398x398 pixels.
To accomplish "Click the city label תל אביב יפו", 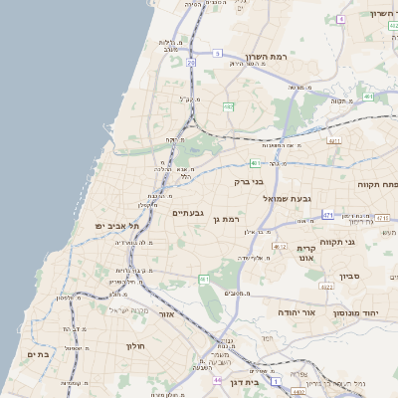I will click(x=113, y=227).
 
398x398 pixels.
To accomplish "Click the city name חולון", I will click(x=136, y=345).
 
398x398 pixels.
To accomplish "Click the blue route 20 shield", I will click(x=190, y=63).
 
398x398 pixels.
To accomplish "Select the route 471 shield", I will click(x=327, y=213).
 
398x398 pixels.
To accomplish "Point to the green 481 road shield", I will click(x=256, y=163).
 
